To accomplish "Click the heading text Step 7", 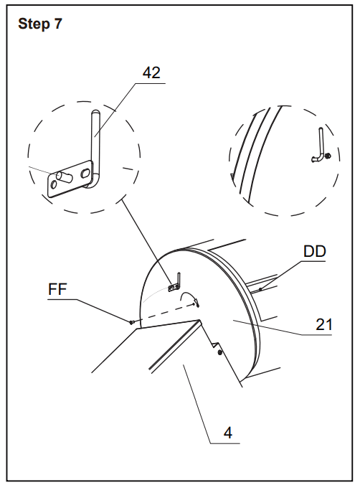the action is point(40,24).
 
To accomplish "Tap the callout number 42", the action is point(151,73).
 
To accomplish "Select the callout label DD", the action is point(315,252).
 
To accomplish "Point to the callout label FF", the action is point(57,290).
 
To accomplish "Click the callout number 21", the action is point(324,325).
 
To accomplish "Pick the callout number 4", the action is point(228,433).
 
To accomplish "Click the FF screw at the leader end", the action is point(132,323).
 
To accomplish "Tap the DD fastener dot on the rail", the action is point(260,290).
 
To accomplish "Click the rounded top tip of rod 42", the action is point(95,113).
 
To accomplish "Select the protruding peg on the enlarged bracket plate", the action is point(63,176).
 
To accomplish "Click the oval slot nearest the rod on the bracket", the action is point(85,173).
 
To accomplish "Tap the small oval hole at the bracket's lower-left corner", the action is point(53,185).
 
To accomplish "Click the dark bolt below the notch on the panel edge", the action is point(220,352).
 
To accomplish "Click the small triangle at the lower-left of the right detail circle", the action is point(232,176).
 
